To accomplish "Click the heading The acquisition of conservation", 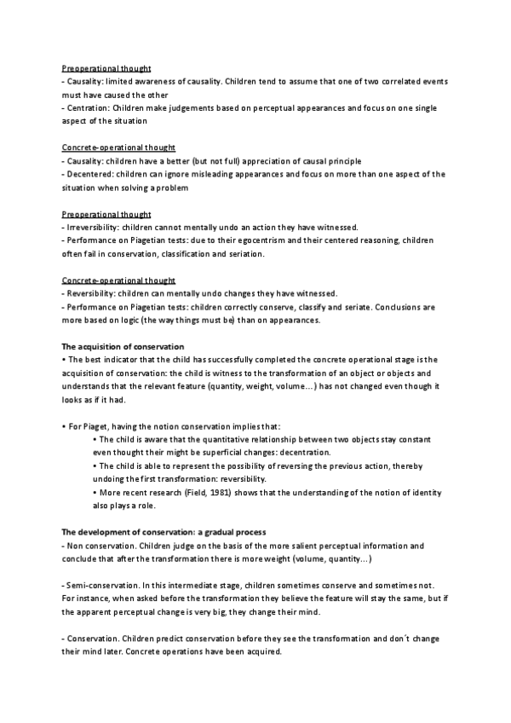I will [x=123, y=347].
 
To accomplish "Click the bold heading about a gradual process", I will [x=159, y=532].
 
